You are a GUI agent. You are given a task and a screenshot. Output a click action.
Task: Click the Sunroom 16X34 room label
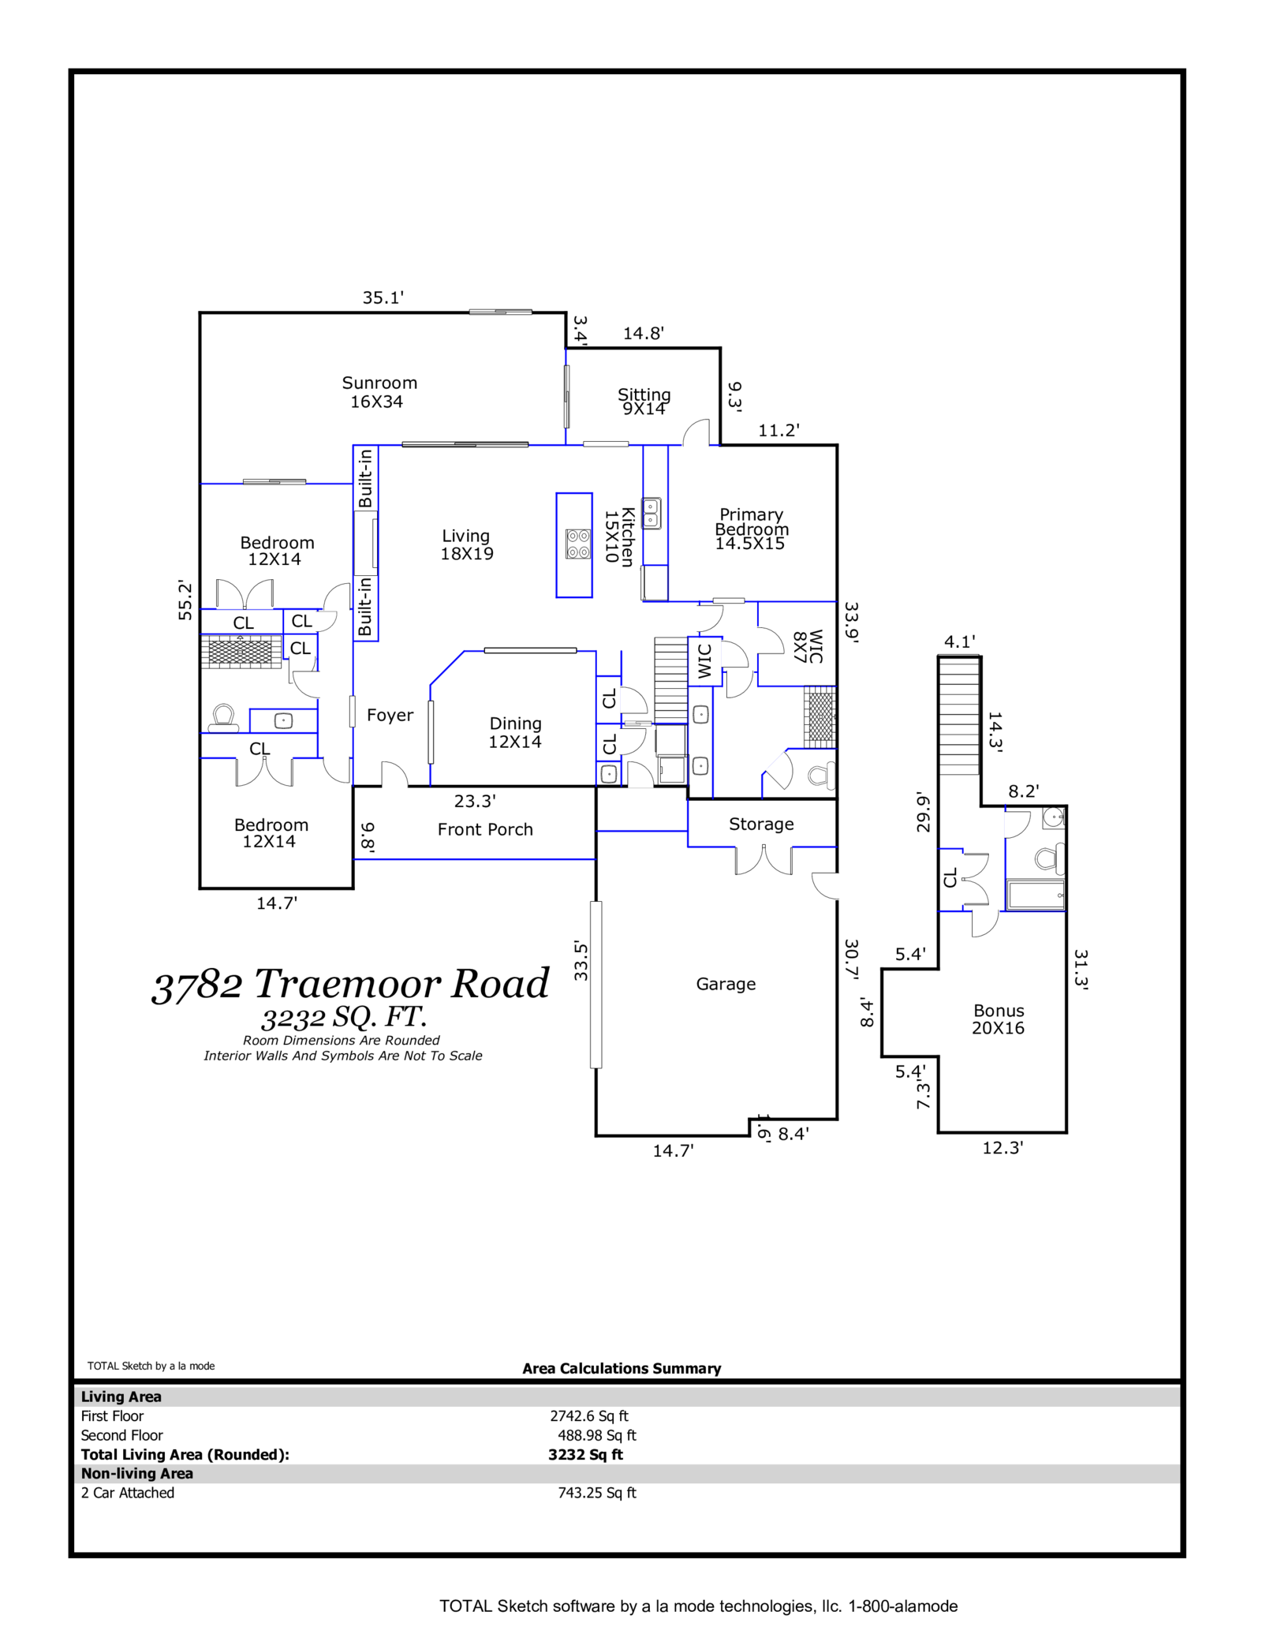pyautogui.click(x=379, y=392)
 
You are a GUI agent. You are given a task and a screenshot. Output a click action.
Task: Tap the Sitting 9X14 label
pyautogui.click(x=644, y=401)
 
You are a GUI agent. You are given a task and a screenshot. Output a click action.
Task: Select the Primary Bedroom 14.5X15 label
pyautogui.click(x=751, y=529)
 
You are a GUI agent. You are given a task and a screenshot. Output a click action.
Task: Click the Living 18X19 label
pyautogui.click(x=466, y=544)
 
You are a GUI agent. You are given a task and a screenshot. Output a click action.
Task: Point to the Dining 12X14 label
pyautogui.click(x=515, y=732)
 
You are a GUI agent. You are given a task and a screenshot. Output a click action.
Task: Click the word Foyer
pyautogui.click(x=390, y=715)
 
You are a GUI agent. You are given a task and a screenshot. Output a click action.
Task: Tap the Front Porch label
pyautogui.click(x=485, y=829)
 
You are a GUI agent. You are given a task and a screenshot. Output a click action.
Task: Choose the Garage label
pyautogui.click(x=726, y=984)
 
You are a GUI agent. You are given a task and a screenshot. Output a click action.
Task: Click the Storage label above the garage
pyautogui.click(x=761, y=824)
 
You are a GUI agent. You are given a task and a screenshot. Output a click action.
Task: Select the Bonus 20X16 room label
pyautogui.click(x=999, y=1019)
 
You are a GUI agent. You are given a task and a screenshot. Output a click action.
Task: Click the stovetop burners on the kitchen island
pyautogui.click(x=578, y=544)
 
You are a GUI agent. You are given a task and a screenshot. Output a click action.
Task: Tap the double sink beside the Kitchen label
pyautogui.click(x=652, y=513)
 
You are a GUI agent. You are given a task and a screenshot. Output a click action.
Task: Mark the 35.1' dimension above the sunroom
pyautogui.click(x=383, y=297)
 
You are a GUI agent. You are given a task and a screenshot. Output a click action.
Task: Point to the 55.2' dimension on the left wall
pyautogui.click(x=185, y=600)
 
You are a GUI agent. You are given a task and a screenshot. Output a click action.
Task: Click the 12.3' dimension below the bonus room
pyautogui.click(x=1002, y=1148)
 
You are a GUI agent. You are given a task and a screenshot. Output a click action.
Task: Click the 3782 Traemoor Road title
pyautogui.click(x=350, y=984)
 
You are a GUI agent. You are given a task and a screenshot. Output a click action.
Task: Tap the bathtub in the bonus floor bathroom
pyautogui.click(x=1036, y=896)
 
